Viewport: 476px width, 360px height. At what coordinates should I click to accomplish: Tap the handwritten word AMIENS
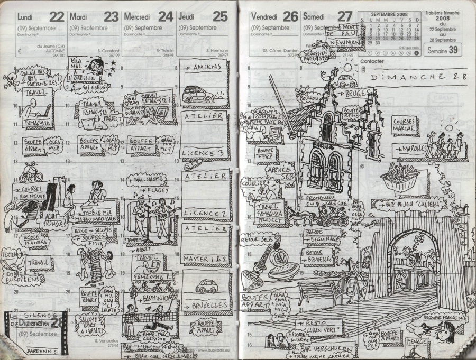tap(204, 67)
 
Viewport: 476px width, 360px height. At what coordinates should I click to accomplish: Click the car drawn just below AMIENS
tap(198, 95)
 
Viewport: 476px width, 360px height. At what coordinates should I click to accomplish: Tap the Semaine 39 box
tap(443, 50)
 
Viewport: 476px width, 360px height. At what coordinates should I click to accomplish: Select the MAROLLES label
tap(413, 149)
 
